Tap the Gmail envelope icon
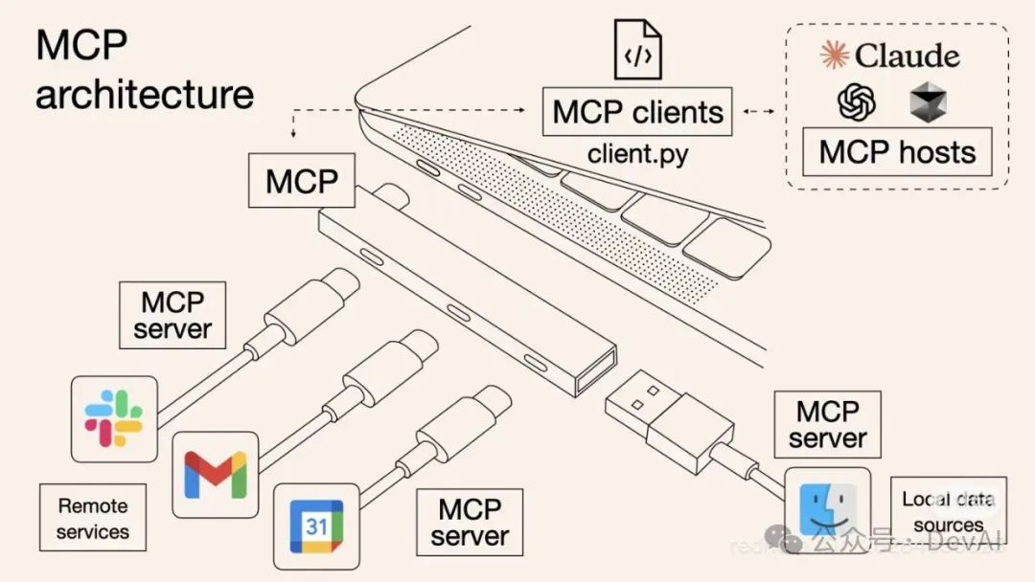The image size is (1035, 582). [x=216, y=474]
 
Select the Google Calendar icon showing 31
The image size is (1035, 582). [x=316, y=526]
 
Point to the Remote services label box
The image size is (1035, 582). [x=93, y=518]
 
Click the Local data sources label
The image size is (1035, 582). [x=948, y=512]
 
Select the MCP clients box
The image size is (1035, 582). [x=637, y=112]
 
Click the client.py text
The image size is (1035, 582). [x=637, y=153]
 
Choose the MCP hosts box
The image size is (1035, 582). [x=897, y=151]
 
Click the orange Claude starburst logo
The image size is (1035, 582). [x=834, y=56]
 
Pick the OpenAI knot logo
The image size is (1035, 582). [x=856, y=101]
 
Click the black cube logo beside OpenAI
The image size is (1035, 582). [x=927, y=101]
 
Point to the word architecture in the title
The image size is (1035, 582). [x=145, y=95]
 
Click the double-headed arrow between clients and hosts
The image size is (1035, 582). [x=759, y=112]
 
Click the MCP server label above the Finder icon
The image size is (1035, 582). [x=827, y=425]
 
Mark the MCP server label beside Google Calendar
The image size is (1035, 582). [x=470, y=522]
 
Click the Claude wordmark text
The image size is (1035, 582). [x=907, y=56]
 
